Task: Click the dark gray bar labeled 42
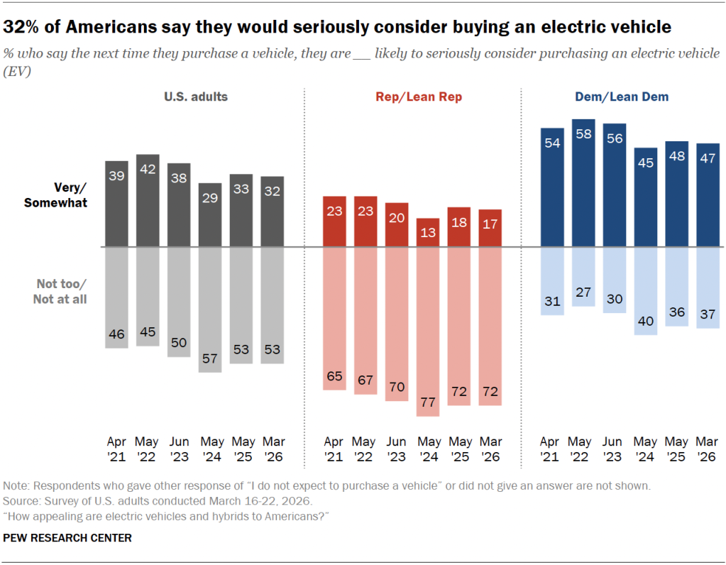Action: (148, 201)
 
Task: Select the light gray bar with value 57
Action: (210, 309)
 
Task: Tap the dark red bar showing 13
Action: (428, 233)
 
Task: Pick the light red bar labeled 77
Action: (428, 331)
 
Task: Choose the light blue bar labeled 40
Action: (644, 291)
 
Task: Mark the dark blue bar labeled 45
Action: (644, 197)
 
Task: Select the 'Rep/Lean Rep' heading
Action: (419, 97)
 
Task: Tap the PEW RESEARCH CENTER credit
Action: (67, 538)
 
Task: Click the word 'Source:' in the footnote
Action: (22, 501)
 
